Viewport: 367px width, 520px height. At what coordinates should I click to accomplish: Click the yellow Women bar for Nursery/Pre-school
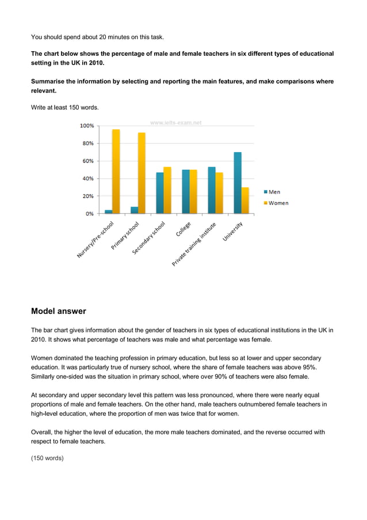pyautogui.click(x=116, y=171)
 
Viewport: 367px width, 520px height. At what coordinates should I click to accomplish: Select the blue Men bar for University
pyautogui.click(x=238, y=183)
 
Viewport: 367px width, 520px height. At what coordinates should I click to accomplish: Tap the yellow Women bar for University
pyautogui.click(x=245, y=200)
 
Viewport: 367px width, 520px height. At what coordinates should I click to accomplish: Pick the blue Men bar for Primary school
pyautogui.click(x=134, y=210)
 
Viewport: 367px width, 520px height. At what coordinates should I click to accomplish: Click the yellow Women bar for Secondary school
pyautogui.click(x=167, y=190)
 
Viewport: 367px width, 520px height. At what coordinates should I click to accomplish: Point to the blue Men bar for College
pyautogui.click(x=185, y=191)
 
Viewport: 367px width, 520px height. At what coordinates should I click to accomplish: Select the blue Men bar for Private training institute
pyautogui.click(x=212, y=190)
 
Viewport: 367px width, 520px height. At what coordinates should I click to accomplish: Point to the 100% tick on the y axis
pyautogui.click(x=87, y=126)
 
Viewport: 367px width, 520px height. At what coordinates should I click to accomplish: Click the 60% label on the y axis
pyautogui.click(x=88, y=161)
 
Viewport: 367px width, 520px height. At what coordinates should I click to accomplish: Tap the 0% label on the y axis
pyautogui.click(x=90, y=214)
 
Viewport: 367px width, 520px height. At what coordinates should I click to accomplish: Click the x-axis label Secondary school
pyautogui.click(x=149, y=238)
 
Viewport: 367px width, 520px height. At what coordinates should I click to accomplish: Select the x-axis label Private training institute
pyautogui.click(x=194, y=244)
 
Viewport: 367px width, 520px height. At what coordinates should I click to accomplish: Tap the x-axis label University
pyautogui.click(x=233, y=231)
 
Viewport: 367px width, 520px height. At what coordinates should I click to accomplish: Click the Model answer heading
pyautogui.click(x=58, y=311)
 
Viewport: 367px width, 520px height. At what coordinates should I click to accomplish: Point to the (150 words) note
pyautogui.click(x=47, y=458)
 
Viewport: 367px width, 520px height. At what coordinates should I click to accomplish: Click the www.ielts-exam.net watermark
pyautogui.click(x=175, y=123)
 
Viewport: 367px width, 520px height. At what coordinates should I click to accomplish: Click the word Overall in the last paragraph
pyautogui.click(x=43, y=431)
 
